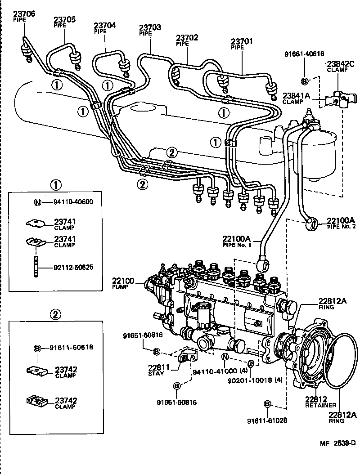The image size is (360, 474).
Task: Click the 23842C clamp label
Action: pos(341,63)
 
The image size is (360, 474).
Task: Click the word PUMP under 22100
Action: pos(121,286)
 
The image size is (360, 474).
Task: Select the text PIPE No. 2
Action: pos(342,227)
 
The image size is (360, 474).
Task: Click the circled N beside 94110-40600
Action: pos(38,201)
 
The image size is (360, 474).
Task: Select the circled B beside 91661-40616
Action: pos(304,81)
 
